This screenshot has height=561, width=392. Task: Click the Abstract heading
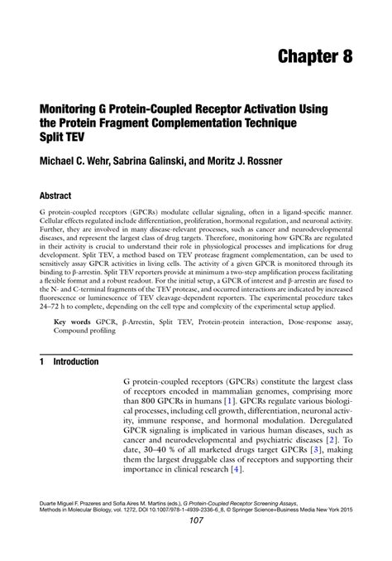click(x=50, y=197)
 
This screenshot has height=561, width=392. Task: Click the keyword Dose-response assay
click(x=313, y=319)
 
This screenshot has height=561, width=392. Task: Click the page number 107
click(x=196, y=543)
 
